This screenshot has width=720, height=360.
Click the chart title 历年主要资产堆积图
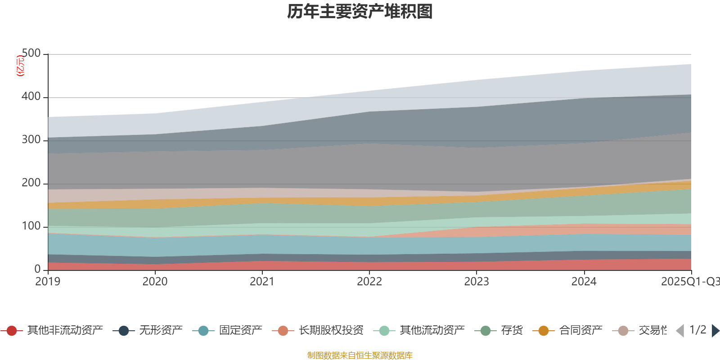click(x=360, y=12)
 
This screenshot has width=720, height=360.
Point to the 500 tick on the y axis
click(x=31, y=54)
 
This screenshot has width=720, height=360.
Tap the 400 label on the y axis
click(x=31, y=97)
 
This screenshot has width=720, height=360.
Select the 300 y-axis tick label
click(x=31, y=140)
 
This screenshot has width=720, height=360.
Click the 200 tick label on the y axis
click(x=31, y=183)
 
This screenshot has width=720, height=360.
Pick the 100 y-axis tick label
click(x=31, y=226)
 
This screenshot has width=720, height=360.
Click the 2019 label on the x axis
click(x=48, y=282)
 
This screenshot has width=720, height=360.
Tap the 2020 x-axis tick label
click(x=155, y=282)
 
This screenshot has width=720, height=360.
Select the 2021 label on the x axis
click(x=262, y=282)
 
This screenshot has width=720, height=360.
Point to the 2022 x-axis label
click(x=369, y=282)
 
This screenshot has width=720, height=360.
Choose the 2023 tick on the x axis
click(x=476, y=282)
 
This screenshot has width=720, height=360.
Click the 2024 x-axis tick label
click(x=584, y=282)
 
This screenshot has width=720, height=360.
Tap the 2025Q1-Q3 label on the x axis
click(x=689, y=282)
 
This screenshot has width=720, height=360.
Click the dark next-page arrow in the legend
click(x=715, y=331)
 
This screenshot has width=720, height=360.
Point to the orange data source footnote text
click(x=360, y=355)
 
